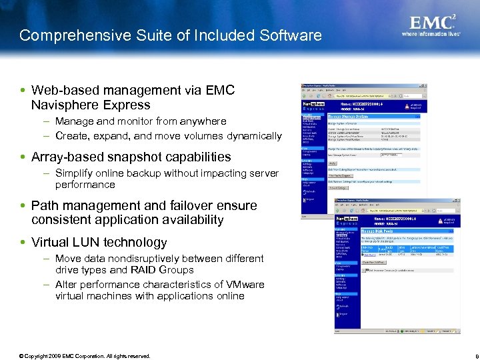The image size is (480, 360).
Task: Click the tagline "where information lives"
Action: pos(431,33)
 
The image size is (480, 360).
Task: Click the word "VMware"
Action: pos(243,284)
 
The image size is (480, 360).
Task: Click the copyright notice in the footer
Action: pos(85,355)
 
